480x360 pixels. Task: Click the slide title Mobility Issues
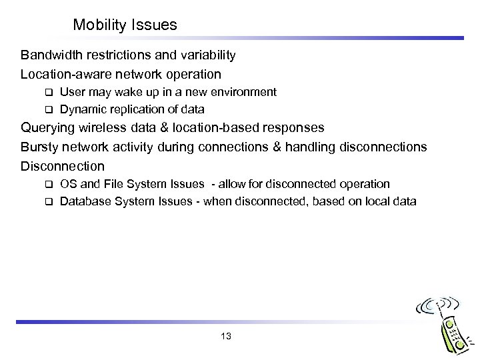coord(125,25)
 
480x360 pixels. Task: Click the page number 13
coord(225,336)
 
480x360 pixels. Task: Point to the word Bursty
coord(39,146)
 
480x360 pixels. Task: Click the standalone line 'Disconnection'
coord(63,165)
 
